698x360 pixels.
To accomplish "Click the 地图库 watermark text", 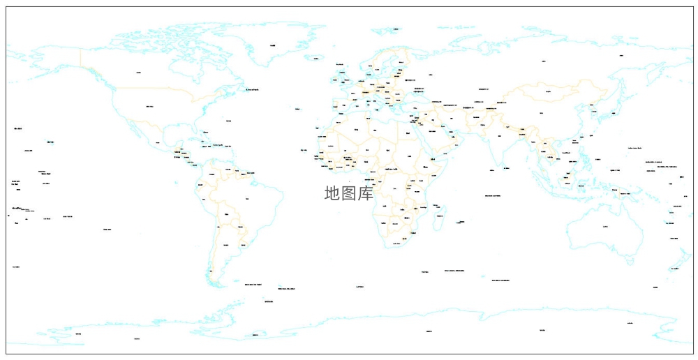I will point(349,193).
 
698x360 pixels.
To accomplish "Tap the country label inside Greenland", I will point(272,46).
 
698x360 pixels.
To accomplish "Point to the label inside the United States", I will point(149,106).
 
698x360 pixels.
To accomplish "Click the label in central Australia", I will point(605,225).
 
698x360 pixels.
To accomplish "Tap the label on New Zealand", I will point(674,268).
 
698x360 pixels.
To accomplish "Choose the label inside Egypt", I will point(406,133).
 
